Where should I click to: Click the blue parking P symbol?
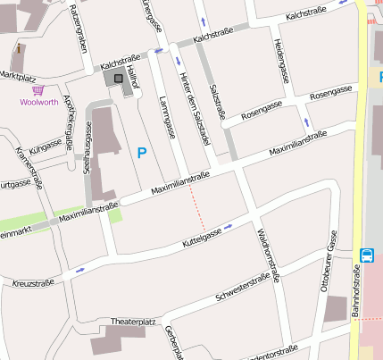pyautogui.click(x=141, y=154)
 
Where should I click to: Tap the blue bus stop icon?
pyautogui.click(x=367, y=255)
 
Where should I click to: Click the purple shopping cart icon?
pyautogui.click(x=38, y=90)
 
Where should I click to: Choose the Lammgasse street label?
pyautogui.click(x=163, y=114)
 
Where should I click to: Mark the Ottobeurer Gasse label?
pyautogui.click(x=328, y=261)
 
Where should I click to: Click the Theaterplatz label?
pyautogui.click(x=133, y=321)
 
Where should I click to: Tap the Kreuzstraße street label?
pyautogui.click(x=33, y=282)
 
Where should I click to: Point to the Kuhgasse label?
pyautogui.click(x=45, y=145)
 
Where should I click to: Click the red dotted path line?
pyautogui.click(x=197, y=212)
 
